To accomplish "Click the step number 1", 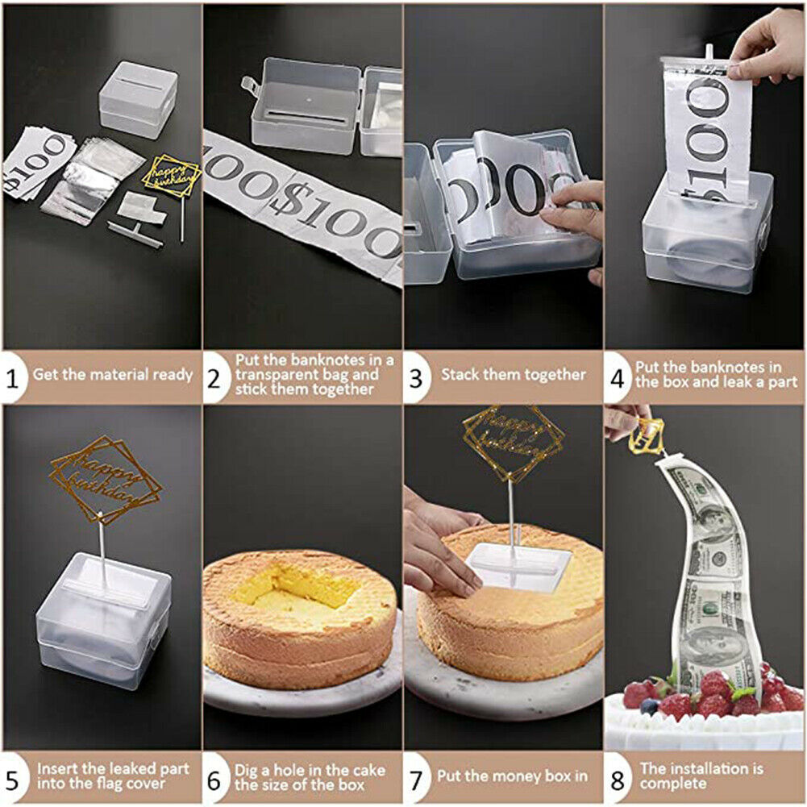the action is coord(12,379).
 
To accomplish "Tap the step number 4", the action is coord(617,379).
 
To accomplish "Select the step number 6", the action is coord(214,780).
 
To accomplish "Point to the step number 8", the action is coord(617,780).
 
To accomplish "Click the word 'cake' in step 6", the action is coord(365,770).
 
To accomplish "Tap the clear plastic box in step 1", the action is coord(139,99).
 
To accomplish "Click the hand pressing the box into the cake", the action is coord(438,546).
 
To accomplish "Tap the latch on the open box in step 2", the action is coord(248,85).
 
